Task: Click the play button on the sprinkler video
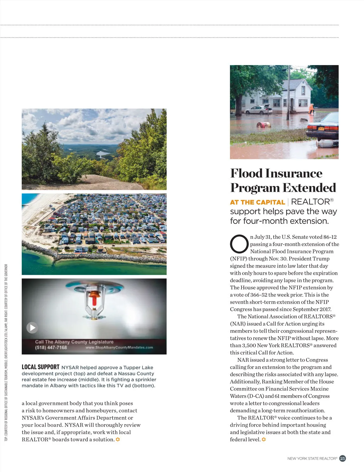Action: [32, 327]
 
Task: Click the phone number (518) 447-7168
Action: [51, 347]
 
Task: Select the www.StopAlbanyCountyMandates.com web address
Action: [119, 347]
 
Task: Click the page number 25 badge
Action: [342, 458]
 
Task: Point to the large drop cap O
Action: [239, 244]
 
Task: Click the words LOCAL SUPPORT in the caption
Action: [40, 367]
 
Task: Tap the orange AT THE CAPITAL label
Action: [257, 202]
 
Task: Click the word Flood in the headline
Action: [246, 173]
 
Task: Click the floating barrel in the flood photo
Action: [264, 125]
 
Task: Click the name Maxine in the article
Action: [319, 389]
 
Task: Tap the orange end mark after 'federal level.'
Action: [264, 439]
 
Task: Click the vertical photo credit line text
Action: [6, 353]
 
